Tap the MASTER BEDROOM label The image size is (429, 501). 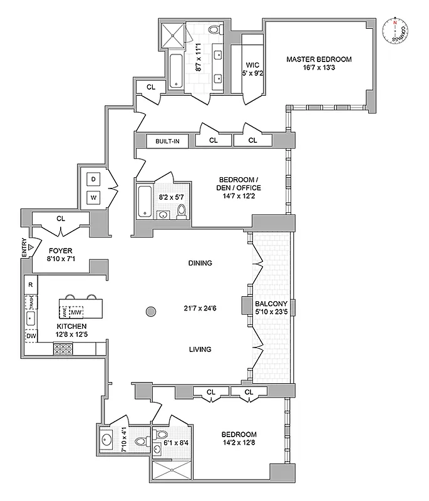319,59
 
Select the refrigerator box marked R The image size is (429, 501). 30,285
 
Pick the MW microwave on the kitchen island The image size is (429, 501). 76,312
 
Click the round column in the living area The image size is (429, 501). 150,311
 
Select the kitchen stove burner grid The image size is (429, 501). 64,351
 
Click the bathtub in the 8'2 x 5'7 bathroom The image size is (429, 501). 143,202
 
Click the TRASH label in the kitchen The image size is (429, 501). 30,303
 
